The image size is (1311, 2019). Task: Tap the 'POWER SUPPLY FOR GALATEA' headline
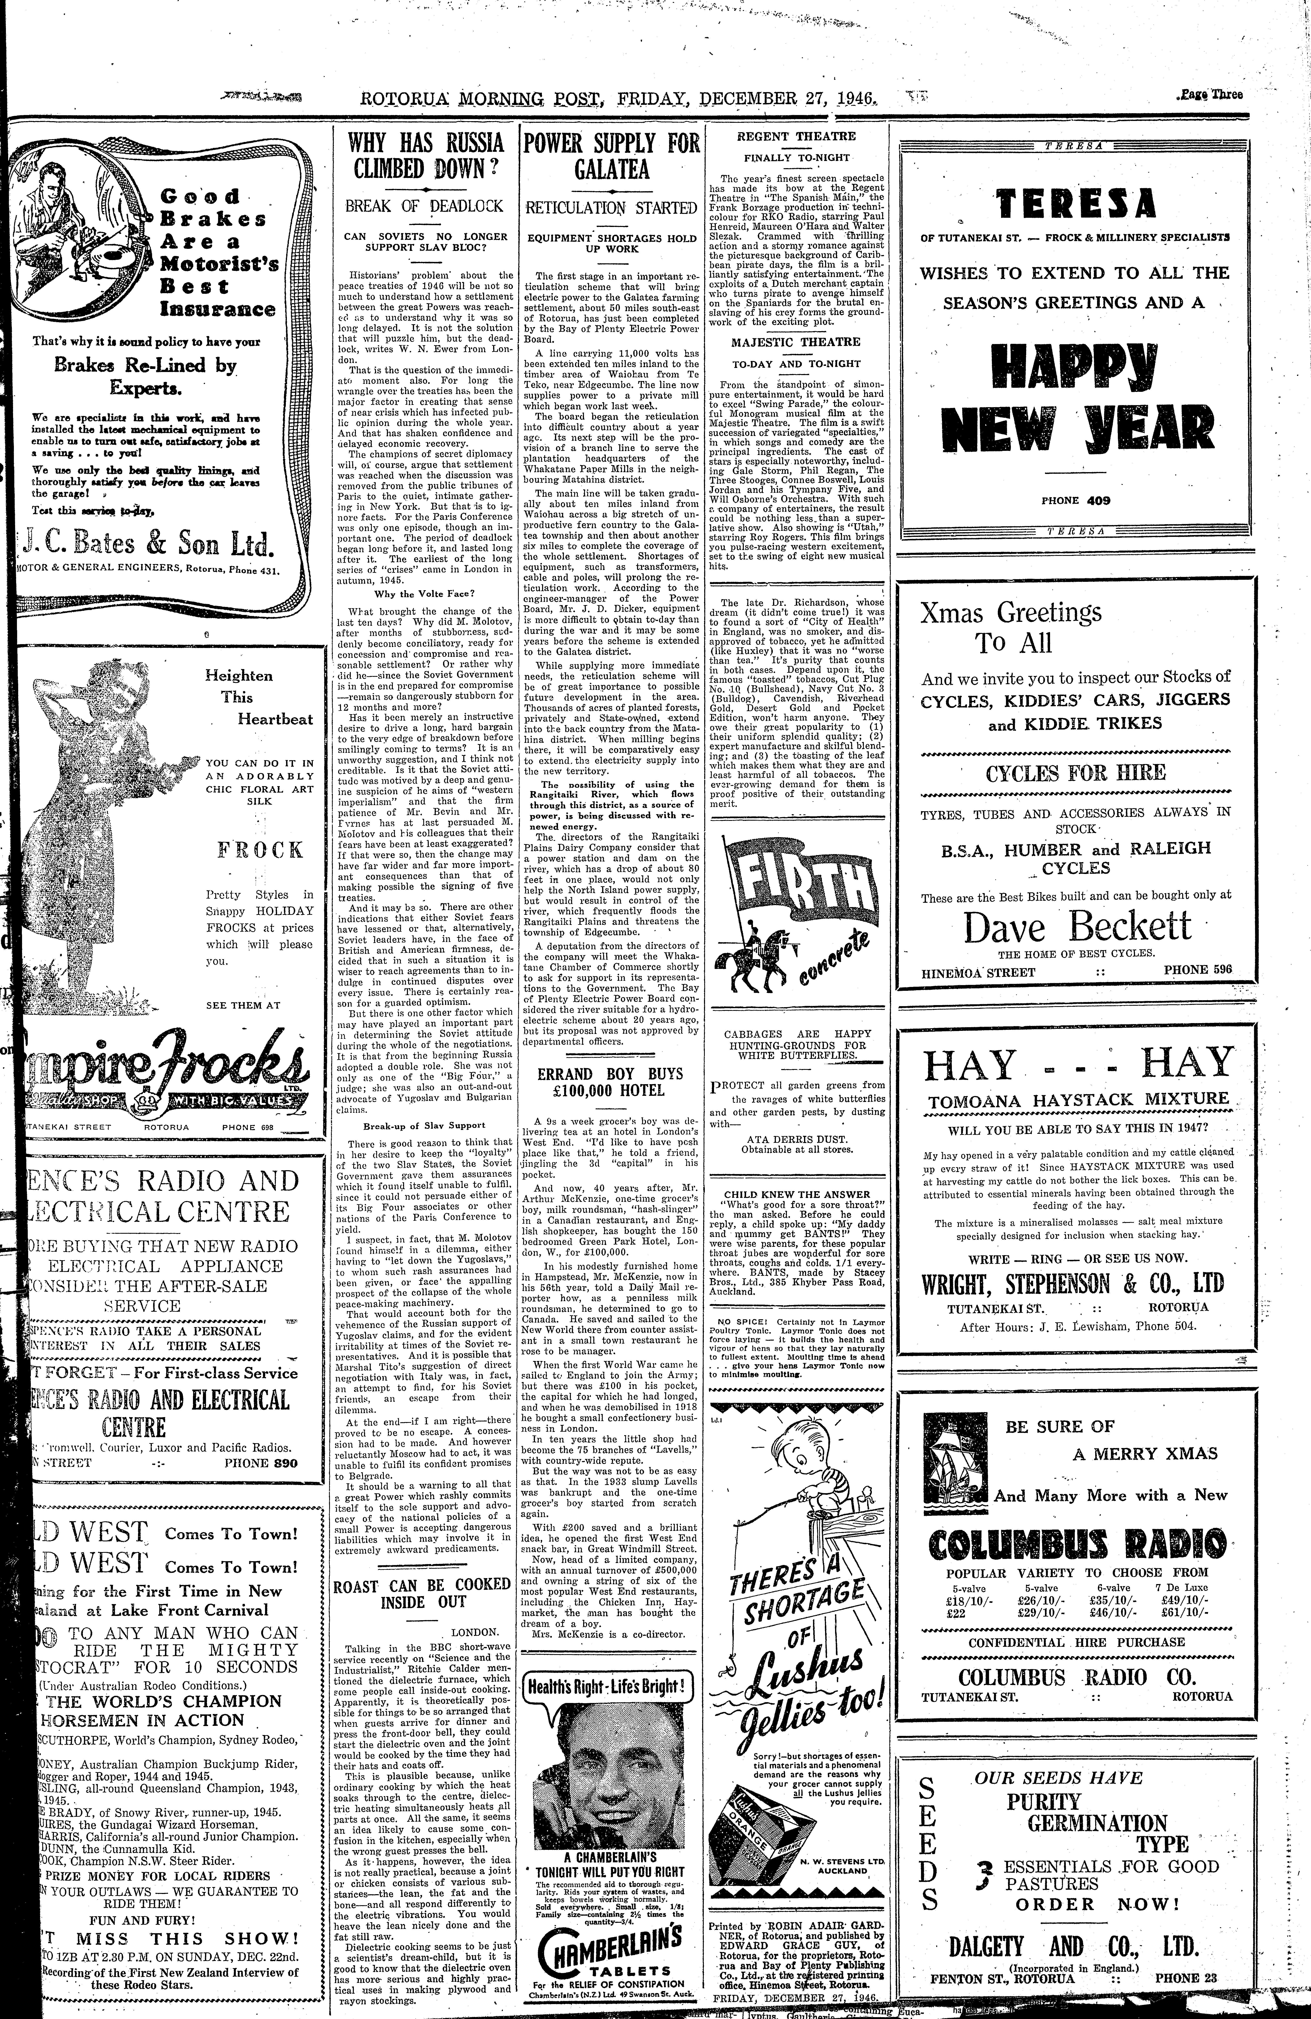pos(612,155)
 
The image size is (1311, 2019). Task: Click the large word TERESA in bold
pos(1076,204)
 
